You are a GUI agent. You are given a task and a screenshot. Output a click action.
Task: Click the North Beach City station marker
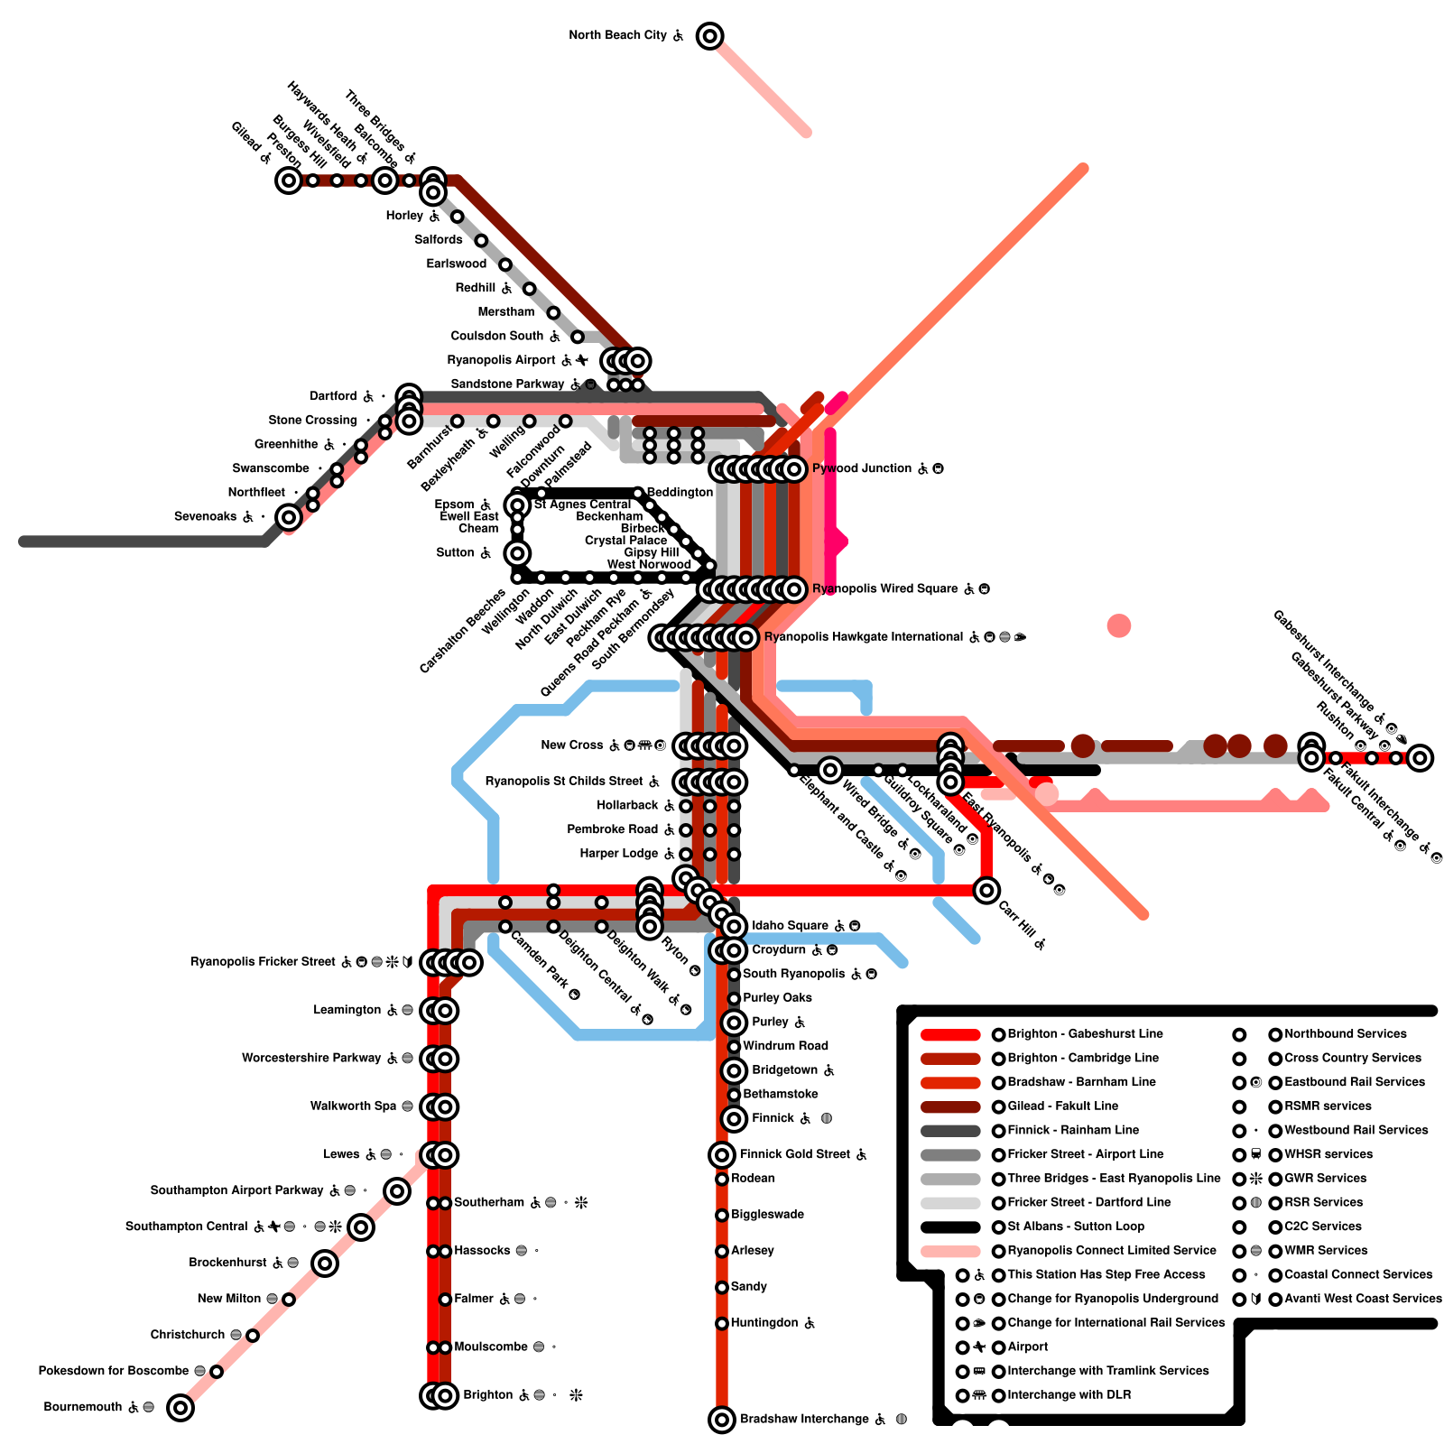710,36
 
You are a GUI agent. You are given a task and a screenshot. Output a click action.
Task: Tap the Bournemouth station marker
180,1407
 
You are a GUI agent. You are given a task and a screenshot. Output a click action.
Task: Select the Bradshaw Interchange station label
804,1420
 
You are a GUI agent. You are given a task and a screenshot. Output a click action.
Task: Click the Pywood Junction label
862,468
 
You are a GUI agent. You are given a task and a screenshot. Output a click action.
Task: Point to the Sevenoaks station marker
289,517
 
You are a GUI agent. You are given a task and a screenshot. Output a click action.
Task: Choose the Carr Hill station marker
986,891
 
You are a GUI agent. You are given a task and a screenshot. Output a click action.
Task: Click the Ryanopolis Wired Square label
884,589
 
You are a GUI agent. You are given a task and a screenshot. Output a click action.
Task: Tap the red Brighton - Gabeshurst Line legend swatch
950,1034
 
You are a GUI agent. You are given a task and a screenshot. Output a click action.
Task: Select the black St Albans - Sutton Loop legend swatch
950,1227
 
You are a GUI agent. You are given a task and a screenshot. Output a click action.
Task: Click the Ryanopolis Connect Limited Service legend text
1112,1251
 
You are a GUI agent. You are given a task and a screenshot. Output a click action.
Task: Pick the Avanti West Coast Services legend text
1363,1299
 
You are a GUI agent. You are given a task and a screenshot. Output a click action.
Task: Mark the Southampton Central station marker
361,1227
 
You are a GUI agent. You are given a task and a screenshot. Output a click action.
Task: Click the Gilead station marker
289,180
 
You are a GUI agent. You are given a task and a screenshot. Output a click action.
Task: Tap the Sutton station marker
517,553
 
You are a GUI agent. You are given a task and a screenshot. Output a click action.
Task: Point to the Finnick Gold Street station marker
722,1154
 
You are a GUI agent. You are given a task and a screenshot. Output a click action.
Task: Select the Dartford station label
333,396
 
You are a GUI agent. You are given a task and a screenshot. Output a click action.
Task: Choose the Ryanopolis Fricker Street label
263,962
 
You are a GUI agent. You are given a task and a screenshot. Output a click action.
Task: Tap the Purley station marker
735,1023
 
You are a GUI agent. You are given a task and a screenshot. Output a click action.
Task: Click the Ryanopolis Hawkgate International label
863,637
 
